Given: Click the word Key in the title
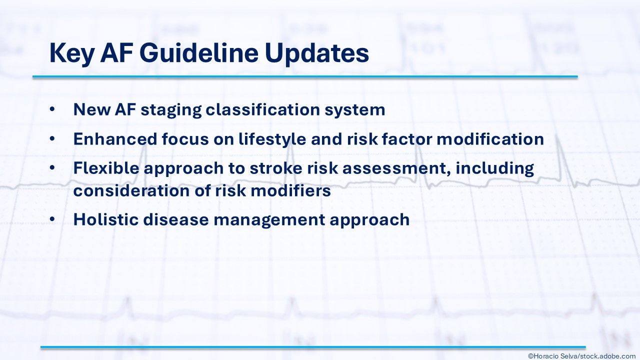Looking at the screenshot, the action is click(71, 54).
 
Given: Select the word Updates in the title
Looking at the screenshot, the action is click(317, 54).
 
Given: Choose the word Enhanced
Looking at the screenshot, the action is click(115, 139).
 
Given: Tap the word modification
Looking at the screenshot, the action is click(490, 139).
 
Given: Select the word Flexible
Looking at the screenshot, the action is click(106, 167).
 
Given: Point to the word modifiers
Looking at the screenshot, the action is click(290, 190).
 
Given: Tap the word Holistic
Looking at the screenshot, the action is click(105, 219).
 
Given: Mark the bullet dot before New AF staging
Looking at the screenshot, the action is click(52, 109).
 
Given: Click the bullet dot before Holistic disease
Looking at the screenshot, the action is click(52, 219).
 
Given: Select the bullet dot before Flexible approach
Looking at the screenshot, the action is click(52, 168).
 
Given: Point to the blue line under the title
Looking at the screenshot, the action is click(305, 77).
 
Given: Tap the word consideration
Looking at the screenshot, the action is click(131, 190).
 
